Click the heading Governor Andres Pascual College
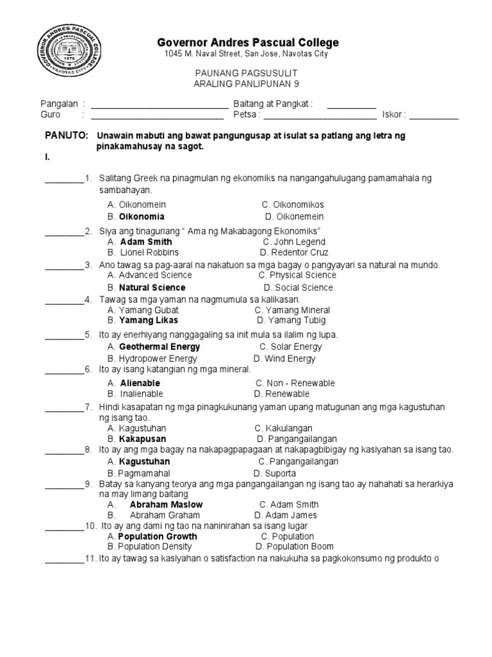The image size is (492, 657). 248,42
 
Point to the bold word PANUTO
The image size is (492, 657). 66,136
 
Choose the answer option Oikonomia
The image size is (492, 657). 142,216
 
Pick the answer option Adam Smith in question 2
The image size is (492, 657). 146,242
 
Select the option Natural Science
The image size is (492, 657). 152,287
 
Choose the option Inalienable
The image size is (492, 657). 141,393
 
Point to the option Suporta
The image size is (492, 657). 276,473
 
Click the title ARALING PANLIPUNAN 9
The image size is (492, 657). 246,84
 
